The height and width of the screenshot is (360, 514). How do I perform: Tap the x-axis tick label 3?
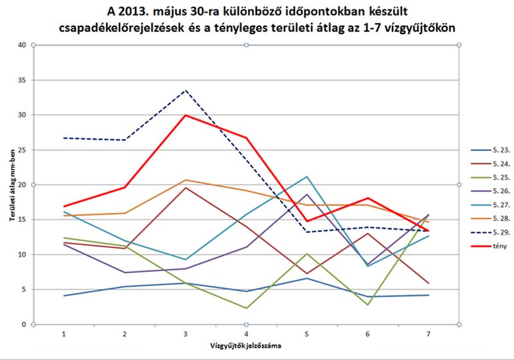pyautogui.click(x=186, y=335)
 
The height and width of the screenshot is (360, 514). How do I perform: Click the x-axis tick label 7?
pyautogui.click(x=429, y=335)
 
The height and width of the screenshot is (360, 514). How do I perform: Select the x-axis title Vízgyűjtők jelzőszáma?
pyautogui.click(x=245, y=348)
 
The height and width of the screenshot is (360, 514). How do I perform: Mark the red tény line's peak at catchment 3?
pyautogui.click(x=186, y=115)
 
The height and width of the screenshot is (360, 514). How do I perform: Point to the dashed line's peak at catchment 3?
pyautogui.click(x=186, y=91)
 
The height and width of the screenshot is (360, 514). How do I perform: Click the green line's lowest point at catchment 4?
pyautogui.click(x=246, y=308)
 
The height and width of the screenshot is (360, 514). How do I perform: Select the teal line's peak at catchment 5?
pyautogui.click(x=307, y=177)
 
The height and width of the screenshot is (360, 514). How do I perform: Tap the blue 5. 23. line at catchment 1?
pyautogui.click(x=64, y=296)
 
